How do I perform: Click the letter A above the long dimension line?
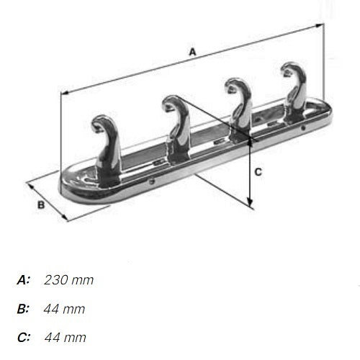coord(192,52)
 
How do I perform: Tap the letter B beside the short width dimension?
coord(41,205)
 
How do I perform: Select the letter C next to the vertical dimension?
coord(258,171)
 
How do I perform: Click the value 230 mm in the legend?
coord(69,279)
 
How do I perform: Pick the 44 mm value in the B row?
coord(64,309)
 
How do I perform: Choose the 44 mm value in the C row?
coord(66,337)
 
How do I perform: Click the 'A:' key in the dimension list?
coord(24,279)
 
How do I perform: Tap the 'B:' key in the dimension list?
coord(24,309)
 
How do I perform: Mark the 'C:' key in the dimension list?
coord(24,337)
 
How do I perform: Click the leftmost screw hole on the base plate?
coord(150,183)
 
